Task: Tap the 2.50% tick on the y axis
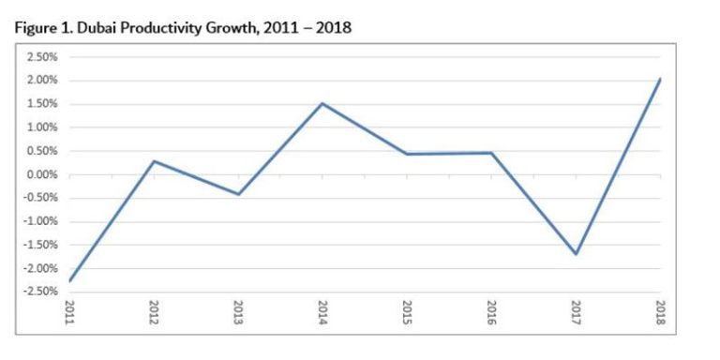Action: coord(43,57)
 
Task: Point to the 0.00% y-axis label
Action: coord(43,174)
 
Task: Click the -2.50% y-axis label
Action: coord(41,292)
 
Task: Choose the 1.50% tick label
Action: coord(43,104)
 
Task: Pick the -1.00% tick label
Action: coord(41,221)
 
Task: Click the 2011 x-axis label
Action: coord(69,312)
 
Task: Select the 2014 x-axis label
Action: coord(322,312)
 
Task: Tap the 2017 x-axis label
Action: coord(576,312)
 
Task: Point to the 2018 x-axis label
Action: coord(660,312)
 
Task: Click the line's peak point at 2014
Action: coord(322,103)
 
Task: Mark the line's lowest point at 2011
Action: coord(69,281)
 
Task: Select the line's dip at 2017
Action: coord(576,254)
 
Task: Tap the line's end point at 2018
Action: coord(660,79)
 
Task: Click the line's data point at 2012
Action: coord(154,161)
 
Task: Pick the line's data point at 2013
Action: coord(238,194)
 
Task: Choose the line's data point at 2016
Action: coord(491,153)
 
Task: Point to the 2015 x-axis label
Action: coord(407,312)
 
